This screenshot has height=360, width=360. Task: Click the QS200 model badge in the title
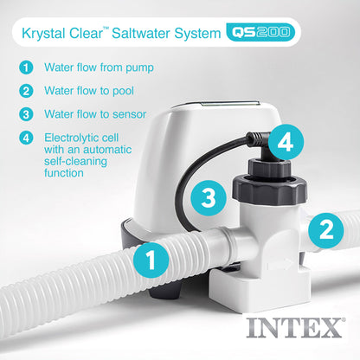[260, 34]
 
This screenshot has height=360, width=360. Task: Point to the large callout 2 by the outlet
[325, 228]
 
